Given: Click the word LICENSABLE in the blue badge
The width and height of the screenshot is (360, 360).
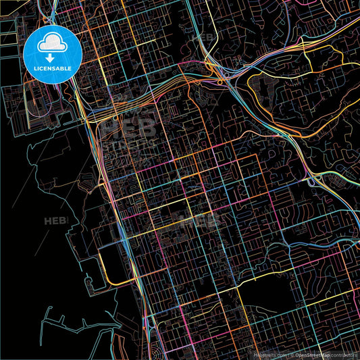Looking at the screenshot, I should [53, 70].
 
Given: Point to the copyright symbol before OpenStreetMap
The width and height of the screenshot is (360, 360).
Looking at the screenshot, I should [293, 353].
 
